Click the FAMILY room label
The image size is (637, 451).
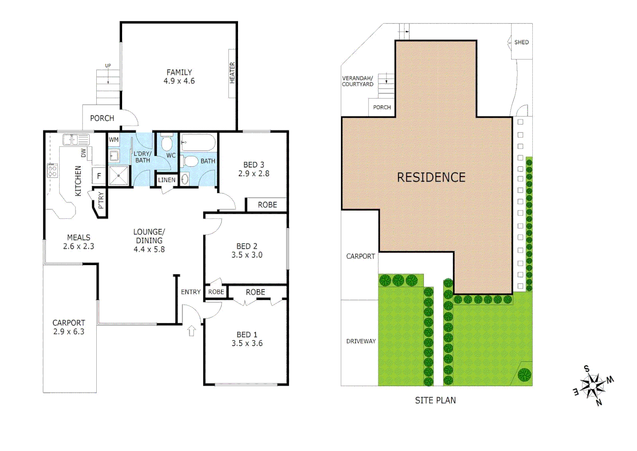[x=179, y=72]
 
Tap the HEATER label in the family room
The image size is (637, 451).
[x=232, y=73]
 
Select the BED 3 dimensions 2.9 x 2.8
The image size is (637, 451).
[x=253, y=174]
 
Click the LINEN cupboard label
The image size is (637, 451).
[x=167, y=180]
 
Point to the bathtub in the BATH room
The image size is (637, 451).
[x=198, y=142]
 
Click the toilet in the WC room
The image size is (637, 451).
[x=167, y=143]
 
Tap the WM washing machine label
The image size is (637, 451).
[x=113, y=140]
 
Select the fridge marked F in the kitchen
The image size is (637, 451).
[x=99, y=176]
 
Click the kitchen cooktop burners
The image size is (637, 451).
[x=52, y=171]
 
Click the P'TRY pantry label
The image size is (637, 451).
[x=101, y=200]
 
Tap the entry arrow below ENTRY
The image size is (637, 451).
[x=191, y=331]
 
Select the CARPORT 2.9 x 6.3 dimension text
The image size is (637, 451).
[x=69, y=332]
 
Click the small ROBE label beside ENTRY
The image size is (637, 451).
[x=216, y=292]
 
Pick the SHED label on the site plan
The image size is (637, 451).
[x=521, y=42]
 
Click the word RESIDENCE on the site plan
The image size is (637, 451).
[x=431, y=177]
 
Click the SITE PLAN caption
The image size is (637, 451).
[x=435, y=400]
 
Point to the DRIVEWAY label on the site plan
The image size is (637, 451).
[x=361, y=341]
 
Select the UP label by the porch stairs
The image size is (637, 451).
[x=108, y=66]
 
